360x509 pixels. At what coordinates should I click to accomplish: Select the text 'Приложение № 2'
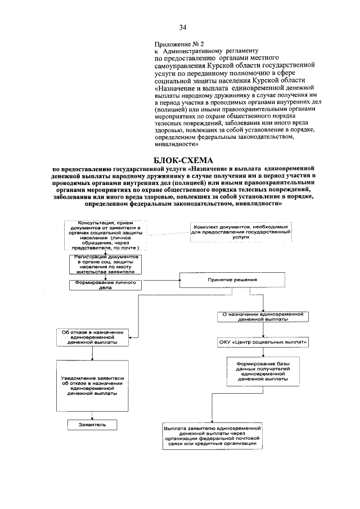pos(178,43)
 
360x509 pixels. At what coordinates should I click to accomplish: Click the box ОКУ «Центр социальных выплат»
pos(263,341)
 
